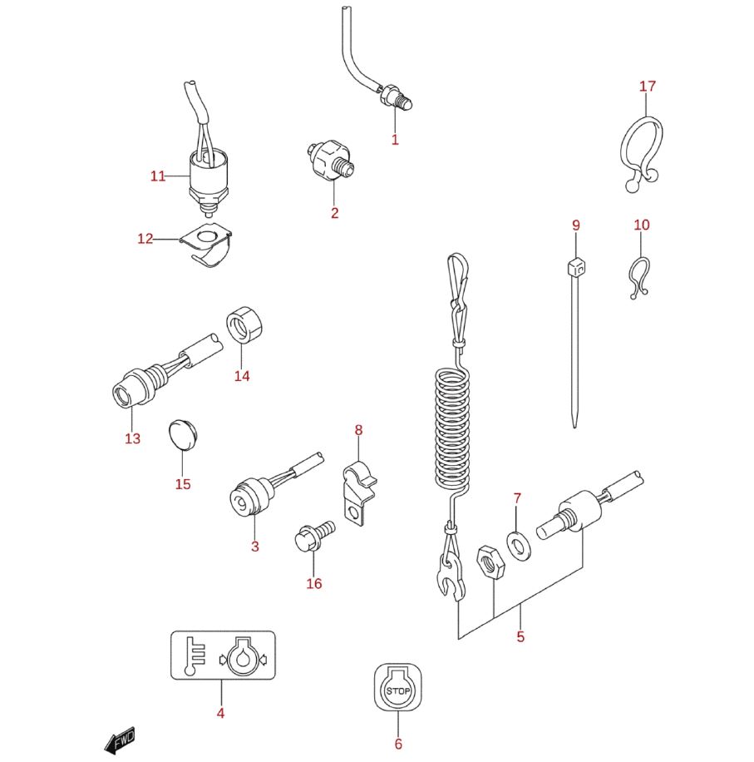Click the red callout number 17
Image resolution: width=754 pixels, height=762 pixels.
[x=648, y=87]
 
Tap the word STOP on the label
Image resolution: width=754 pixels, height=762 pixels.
[x=398, y=690]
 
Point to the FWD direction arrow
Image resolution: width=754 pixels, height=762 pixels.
[x=120, y=741]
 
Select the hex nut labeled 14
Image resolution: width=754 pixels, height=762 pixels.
[x=244, y=324]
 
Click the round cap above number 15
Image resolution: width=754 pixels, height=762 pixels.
[x=184, y=435]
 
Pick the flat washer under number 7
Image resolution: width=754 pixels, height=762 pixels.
[x=519, y=546]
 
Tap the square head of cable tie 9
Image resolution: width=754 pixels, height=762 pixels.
[x=576, y=267]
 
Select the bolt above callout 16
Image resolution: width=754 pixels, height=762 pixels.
[x=314, y=536]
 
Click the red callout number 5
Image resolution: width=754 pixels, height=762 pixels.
[x=520, y=636]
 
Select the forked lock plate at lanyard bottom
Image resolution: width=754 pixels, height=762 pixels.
[x=451, y=576]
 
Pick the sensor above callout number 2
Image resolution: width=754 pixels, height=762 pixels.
[x=331, y=160]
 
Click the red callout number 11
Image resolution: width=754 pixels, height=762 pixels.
[x=158, y=176]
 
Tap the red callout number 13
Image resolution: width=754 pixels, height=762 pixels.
[x=132, y=438]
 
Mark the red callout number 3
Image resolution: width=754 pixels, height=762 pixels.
[x=255, y=547]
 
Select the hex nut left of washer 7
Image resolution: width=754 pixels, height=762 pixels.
[x=490, y=562]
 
